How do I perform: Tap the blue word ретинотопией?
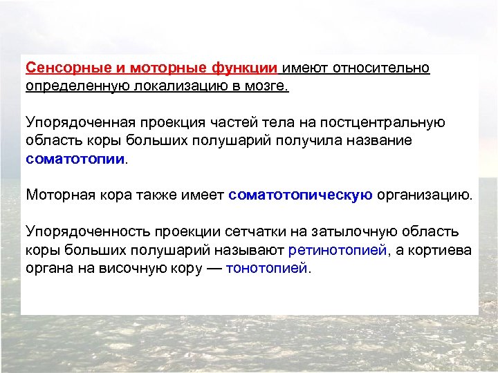click(337, 249)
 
